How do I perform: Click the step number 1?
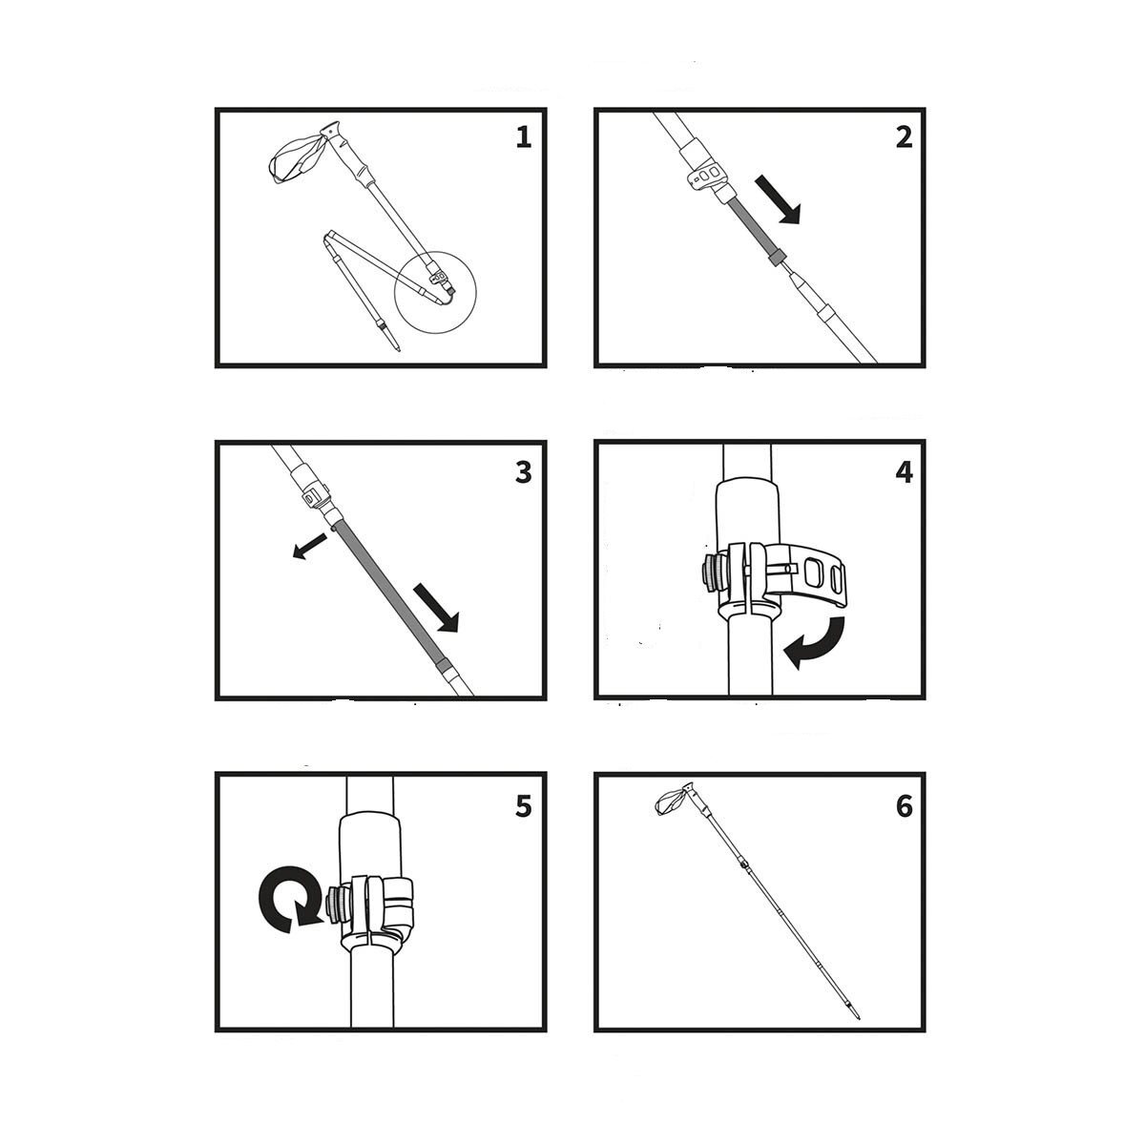[x=523, y=137]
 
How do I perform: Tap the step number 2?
[x=904, y=137]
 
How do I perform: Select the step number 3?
[x=523, y=473]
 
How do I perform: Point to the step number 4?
[x=904, y=473]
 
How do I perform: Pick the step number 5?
[x=523, y=807]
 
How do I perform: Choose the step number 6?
[x=904, y=807]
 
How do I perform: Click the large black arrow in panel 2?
[x=779, y=199]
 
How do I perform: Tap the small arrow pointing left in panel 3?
[x=309, y=546]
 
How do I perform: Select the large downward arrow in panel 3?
[x=437, y=608]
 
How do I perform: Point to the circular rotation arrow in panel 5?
[x=285, y=899]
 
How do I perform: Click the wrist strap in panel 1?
[x=295, y=157]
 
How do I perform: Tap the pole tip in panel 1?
[x=394, y=343]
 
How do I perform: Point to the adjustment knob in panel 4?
[x=714, y=574]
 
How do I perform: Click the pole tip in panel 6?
[x=856, y=1010]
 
